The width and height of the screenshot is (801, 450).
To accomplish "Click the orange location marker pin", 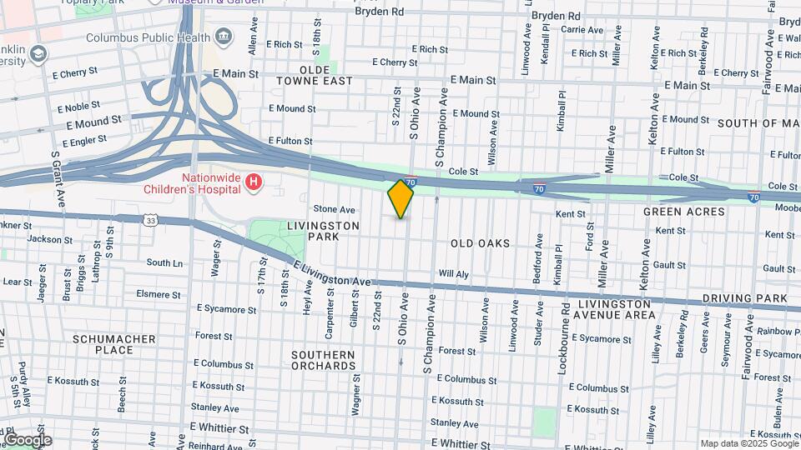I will (400, 199).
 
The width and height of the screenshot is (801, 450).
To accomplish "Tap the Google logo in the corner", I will (27, 440).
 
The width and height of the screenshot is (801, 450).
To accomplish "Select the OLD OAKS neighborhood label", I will (480, 243).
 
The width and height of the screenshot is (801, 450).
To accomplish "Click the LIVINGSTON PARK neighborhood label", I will (323, 231).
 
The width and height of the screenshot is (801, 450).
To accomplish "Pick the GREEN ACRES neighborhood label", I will (677, 212).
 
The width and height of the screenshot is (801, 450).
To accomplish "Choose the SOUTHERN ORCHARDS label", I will (323, 360).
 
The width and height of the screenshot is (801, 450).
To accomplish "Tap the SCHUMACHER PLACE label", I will (114, 344).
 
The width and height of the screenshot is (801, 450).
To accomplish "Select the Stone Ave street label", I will (334, 209).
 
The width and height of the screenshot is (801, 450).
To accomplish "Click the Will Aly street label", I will (454, 273).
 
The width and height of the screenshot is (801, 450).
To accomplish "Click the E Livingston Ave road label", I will (332, 275).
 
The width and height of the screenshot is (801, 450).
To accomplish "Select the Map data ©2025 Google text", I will (748, 443).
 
